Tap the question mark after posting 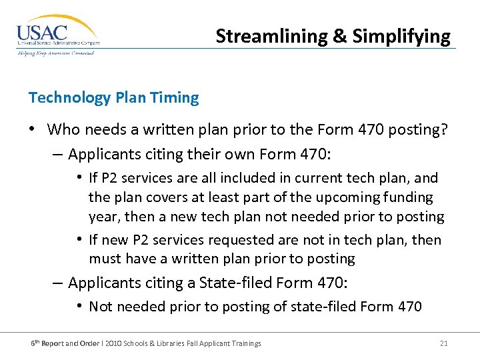coord(443,129)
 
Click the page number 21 coord(443,343)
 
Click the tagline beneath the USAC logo coord(56,53)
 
